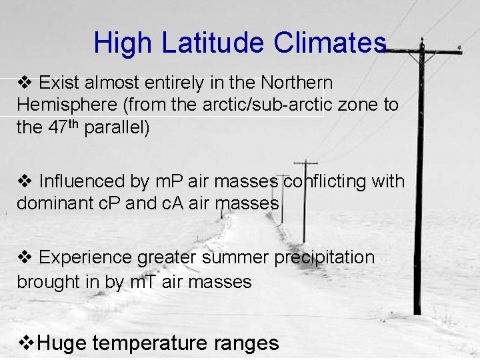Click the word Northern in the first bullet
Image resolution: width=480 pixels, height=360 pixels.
tap(297, 83)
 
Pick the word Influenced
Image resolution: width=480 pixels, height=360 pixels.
tap(82, 181)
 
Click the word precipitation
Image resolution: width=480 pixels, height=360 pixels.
tap(325, 258)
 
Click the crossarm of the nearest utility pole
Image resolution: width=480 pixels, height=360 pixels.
tap(422, 51)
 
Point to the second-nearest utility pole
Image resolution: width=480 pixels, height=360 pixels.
tap(305, 200)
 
